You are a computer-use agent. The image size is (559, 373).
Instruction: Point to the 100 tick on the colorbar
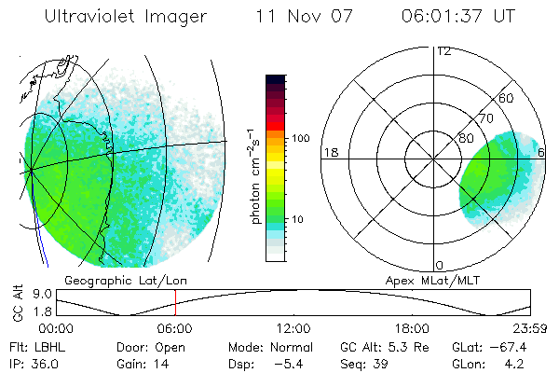click(x=300, y=138)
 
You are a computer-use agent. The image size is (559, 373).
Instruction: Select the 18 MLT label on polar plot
click(x=329, y=152)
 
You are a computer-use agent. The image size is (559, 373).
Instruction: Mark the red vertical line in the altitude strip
click(x=175, y=303)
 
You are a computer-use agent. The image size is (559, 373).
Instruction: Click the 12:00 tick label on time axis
click(x=293, y=329)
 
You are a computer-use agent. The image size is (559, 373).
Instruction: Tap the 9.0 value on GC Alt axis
click(x=38, y=293)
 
